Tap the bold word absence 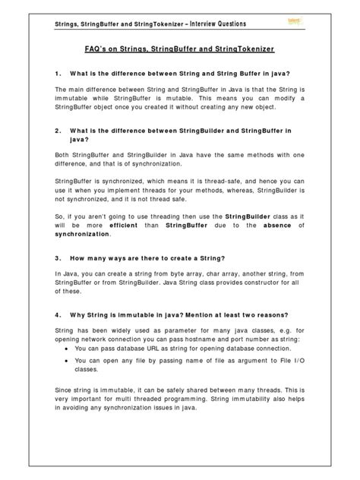click(267, 225)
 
